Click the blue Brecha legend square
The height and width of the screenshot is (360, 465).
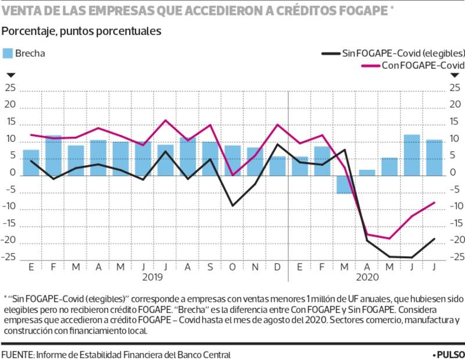pyautogui.click(x=9, y=54)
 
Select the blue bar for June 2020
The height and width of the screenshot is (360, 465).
pyautogui.click(x=412, y=154)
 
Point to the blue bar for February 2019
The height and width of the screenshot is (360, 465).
pyautogui.click(x=53, y=155)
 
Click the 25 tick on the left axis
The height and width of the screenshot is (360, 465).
pyautogui.click(x=9, y=88)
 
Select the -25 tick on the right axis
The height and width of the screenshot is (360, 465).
pyautogui.click(x=455, y=256)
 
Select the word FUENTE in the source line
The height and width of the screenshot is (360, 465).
pyautogui.click(x=17, y=354)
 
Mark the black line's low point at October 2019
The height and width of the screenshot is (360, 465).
pyautogui.click(x=233, y=205)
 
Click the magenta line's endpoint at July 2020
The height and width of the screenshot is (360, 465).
pyautogui.click(x=434, y=202)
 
